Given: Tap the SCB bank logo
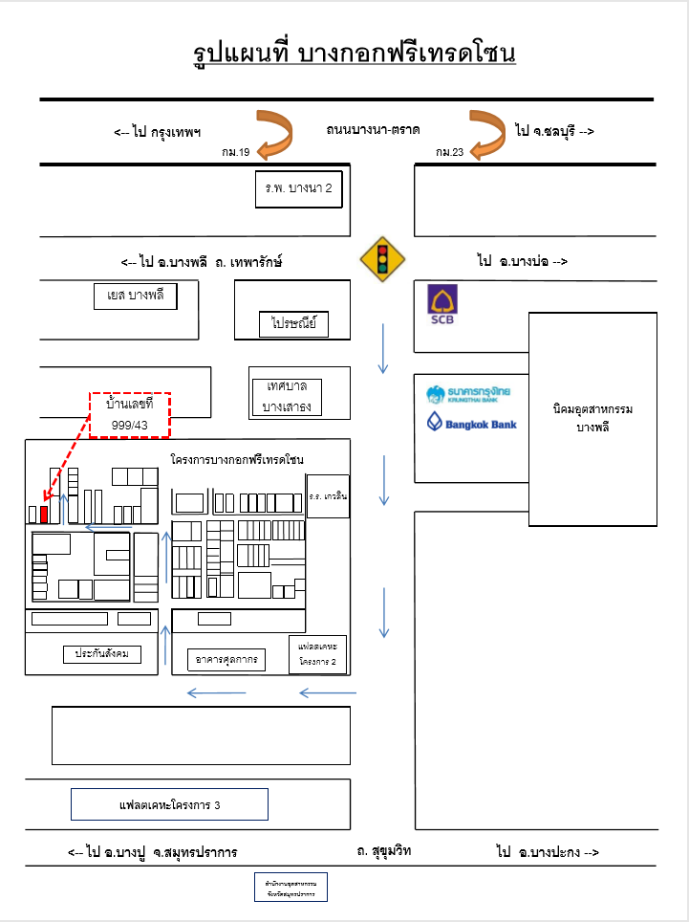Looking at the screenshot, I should [441, 305].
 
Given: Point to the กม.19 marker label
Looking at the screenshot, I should [235, 152].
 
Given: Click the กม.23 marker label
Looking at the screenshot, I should [449, 152].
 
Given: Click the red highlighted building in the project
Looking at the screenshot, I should [44, 513].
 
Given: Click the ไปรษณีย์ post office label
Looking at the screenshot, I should [293, 325].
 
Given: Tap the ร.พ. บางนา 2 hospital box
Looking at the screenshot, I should [299, 188].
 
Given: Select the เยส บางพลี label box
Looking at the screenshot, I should [136, 296].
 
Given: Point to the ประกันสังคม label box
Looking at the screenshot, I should [102, 654].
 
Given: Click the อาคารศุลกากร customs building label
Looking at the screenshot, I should [227, 659].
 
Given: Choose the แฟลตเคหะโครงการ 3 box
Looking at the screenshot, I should [169, 804].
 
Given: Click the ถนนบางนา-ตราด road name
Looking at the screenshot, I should [373, 128].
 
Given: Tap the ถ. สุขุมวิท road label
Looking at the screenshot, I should [383, 849].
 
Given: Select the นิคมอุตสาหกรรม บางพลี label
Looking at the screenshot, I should [592, 417].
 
